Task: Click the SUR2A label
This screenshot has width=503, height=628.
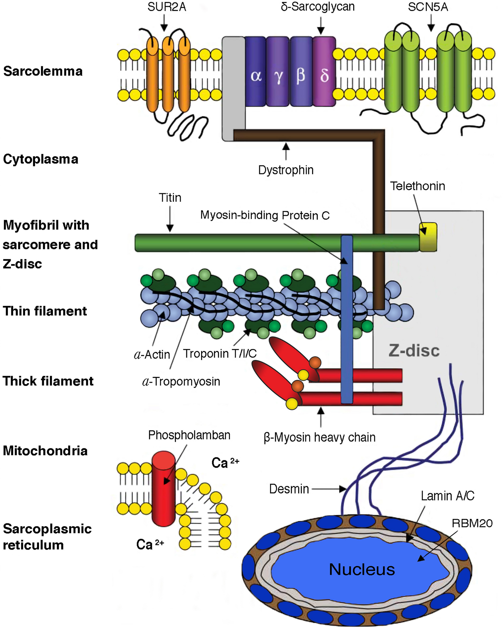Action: (166, 7)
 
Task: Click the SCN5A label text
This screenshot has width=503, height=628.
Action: (428, 7)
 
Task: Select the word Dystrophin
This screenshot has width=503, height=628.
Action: (286, 170)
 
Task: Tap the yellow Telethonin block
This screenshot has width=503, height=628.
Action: (428, 237)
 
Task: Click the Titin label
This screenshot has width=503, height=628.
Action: (170, 198)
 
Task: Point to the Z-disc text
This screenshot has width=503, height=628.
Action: (414, 350)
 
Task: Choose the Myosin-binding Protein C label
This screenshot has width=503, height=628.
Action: (265, 215)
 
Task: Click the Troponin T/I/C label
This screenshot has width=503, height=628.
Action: (220, 354)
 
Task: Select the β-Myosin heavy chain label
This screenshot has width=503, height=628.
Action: (319, 438)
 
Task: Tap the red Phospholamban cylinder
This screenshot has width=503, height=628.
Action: (164, 489)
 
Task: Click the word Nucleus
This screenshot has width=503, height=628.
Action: (362, 570)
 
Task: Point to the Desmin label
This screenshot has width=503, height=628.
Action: (289, 489)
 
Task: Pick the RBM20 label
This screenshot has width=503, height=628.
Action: (472, 523)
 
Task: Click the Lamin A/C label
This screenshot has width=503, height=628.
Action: (447, 496)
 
